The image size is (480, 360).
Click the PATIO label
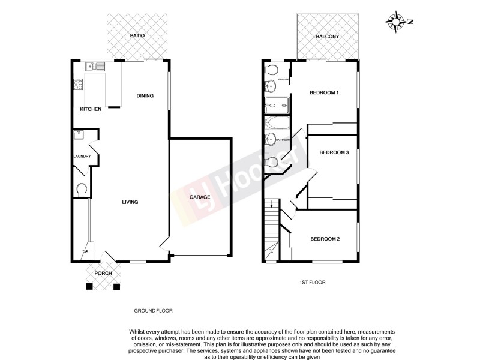(137, 36)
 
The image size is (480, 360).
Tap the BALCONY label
(328, 37)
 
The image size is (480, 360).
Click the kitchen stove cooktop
(77, 85)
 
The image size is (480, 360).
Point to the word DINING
(145, 95)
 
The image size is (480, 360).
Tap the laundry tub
(79, 135)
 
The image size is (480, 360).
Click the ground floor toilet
(82, 190)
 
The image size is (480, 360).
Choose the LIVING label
(130, 202)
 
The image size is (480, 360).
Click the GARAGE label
(200, 197)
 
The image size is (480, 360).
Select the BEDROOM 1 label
(324, 92)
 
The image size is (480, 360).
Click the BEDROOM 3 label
(334, 152)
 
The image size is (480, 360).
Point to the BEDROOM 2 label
(325, 239)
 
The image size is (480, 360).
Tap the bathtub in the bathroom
(278, 124)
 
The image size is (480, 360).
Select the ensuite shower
(277, 106)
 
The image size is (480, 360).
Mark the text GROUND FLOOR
(152, 311)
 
